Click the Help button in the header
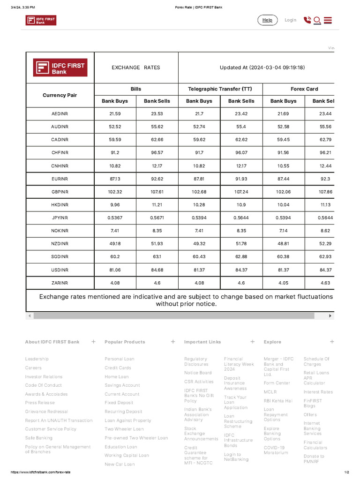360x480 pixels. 267,20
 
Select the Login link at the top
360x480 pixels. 290,20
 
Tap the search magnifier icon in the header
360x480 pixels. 317,20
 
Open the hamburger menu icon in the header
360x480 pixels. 328,20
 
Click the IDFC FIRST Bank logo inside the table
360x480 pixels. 60,67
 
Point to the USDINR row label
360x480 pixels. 60,270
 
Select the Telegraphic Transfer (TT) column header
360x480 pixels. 220,89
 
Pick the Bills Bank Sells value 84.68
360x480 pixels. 157,270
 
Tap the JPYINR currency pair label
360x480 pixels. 60,218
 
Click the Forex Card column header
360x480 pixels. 304,89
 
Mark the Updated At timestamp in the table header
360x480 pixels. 262,67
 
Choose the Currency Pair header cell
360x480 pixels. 60,95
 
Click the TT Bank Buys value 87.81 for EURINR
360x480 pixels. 199,179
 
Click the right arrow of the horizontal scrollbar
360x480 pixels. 330,316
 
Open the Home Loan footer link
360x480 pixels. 116,376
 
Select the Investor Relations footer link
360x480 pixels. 44,376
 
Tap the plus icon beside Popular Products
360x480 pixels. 173,342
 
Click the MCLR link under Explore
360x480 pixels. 270,392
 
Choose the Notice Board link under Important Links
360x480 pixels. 198,373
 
